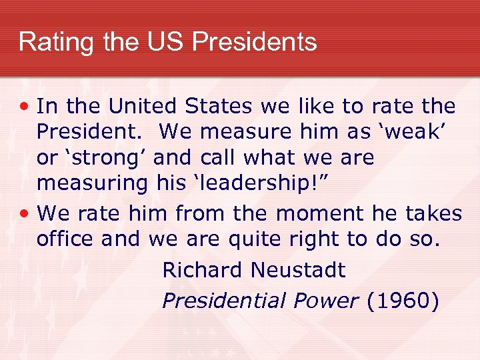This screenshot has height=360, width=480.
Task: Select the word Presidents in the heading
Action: [x=254, y=42]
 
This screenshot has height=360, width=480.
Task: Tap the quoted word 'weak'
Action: [x=418, y=133]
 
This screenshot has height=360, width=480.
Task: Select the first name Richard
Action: [x=203, y=270]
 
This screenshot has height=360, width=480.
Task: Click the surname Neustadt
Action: [x=298, y=270]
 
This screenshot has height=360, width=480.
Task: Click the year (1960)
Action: [x=403, y=301]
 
